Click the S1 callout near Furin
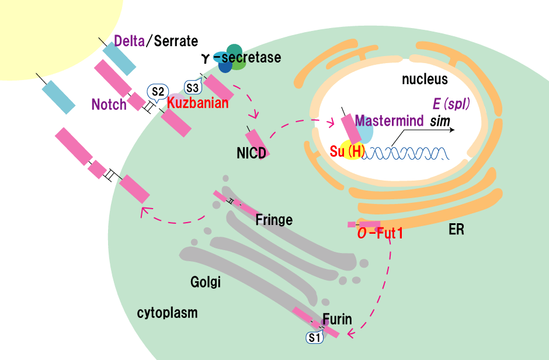(x=315, y=337)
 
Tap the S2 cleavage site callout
(x=157, y=91)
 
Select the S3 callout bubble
(x=193, y=88)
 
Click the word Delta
(x=129, y=41)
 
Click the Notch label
(x=109, y=105)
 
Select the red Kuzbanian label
(x=197, y=102)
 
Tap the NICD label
(x=252, y=154)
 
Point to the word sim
(x=439, y=122)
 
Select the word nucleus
(x=425, y=79)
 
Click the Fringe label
(x=274, y=220)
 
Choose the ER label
(x=457, y=229)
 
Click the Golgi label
(x=206, y=282)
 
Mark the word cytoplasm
(x=167, y=313)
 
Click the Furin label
(x=337, y=319)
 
